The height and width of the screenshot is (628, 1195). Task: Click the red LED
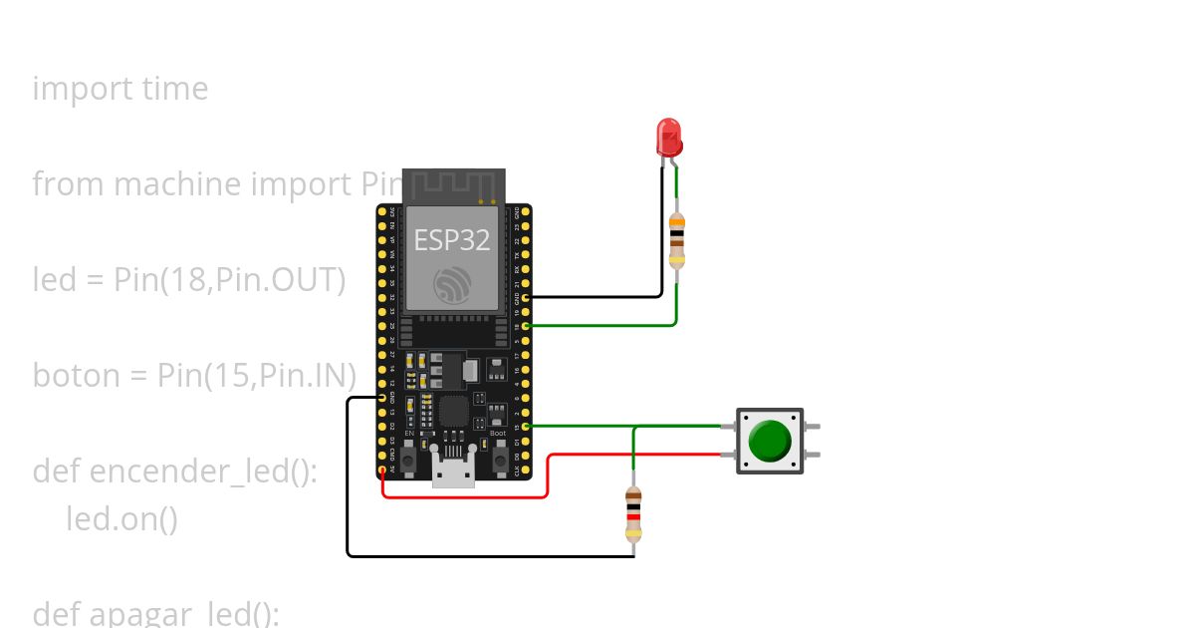point(668,137)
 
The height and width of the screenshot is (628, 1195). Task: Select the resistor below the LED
point(677,240)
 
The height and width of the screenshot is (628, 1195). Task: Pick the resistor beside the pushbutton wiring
point(632,513)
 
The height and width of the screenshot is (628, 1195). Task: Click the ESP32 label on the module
point(452,240)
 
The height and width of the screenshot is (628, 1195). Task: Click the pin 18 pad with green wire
point(525,325)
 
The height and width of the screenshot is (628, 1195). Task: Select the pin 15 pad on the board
point(525,426)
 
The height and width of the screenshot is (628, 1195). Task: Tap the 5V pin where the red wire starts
point(382,469)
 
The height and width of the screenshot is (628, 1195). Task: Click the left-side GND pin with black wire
point(382,397)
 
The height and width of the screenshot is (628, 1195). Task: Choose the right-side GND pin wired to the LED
point(525,296)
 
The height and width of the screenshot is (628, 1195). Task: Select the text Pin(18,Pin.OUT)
point(230,280)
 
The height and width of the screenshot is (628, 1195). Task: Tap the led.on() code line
point(121,518)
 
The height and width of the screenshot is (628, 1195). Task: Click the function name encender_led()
point(203,471)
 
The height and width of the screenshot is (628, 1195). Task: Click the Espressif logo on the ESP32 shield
point(452,285)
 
